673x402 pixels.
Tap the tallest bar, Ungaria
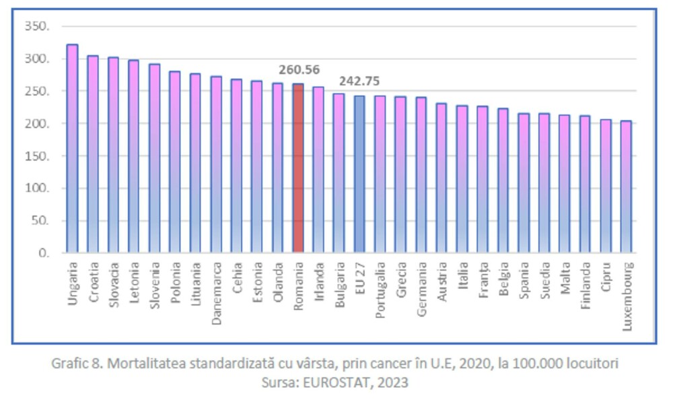(72, 149)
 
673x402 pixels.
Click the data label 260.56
(299, 69)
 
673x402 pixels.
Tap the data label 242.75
(359, 81)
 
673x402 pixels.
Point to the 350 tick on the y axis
(36, 26)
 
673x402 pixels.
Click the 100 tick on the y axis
(36, 189)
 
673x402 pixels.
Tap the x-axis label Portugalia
(380, 292)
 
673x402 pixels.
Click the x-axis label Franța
(483, 281)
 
